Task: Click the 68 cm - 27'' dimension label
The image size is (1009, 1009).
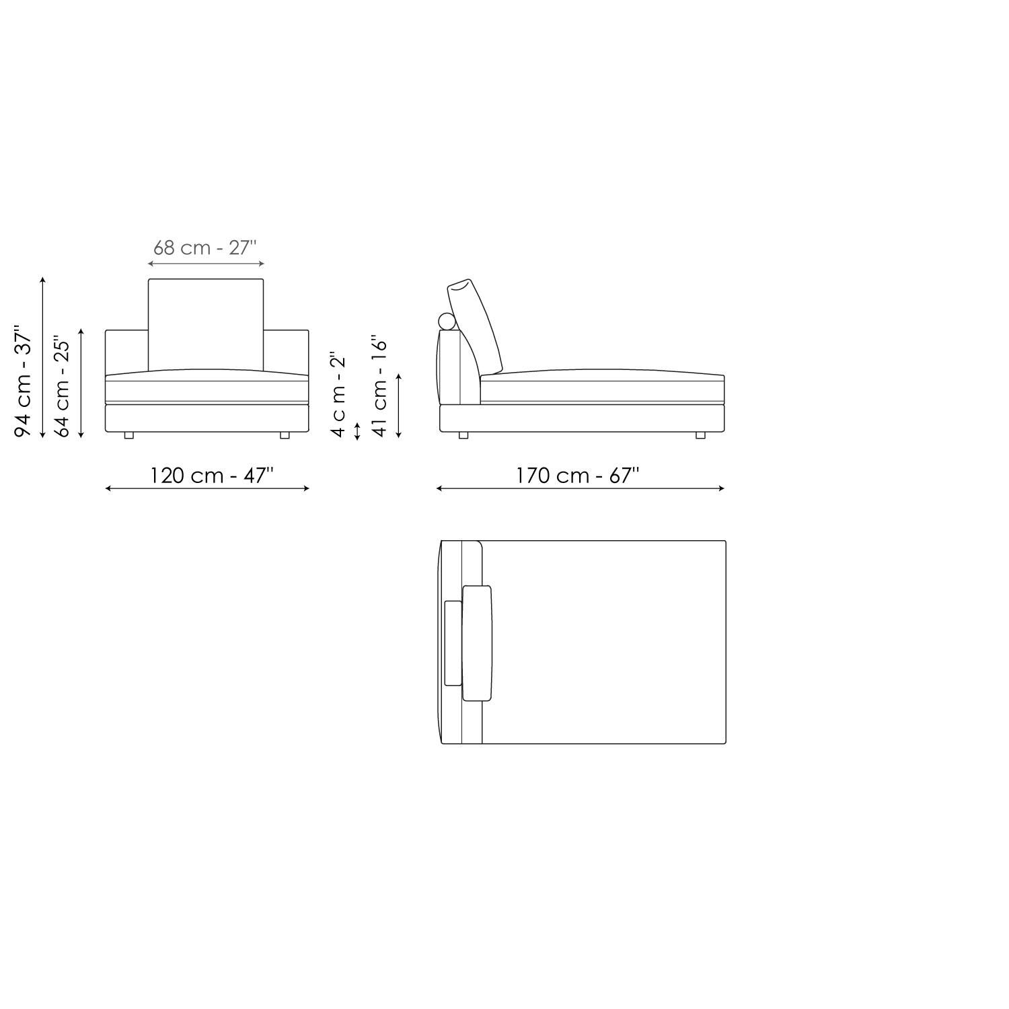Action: (x=205, y=248)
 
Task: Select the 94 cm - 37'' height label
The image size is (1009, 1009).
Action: (x=24, y=381)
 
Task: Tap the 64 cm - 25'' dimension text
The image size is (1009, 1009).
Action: (x=62, y=387)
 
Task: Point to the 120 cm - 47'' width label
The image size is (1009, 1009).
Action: (x=211, y=476)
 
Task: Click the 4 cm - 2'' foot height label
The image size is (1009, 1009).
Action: (x=338, y=394)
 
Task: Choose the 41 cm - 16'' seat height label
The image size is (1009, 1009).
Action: (x=380, y=387)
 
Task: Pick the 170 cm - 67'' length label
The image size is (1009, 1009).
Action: (x=577, y=476)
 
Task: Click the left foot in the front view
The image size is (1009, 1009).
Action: (x=129, y=435)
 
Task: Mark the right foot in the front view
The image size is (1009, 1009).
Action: (x=285, y=435)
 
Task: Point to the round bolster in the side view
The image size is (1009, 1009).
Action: (x=447, y=321)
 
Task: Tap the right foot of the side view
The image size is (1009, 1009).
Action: (x=700, y=435)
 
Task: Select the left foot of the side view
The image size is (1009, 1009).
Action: (x=463, y=435)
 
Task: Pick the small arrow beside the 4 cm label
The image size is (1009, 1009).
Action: (x=357, y=431)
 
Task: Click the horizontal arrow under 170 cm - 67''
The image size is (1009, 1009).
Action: (x=581, y=488)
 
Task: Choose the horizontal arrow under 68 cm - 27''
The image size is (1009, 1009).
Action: (x=206, y=264)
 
